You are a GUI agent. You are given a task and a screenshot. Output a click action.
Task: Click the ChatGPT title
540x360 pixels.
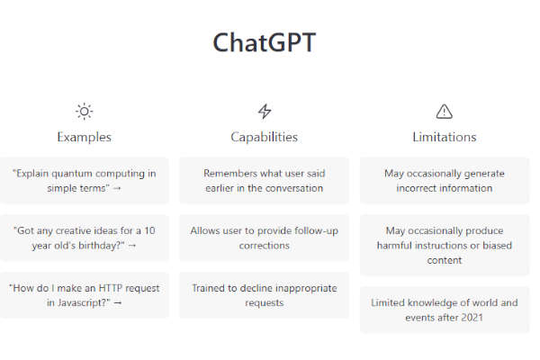[x=264, y=42]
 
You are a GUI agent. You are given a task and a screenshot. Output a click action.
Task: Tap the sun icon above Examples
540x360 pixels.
[x=84, y=112]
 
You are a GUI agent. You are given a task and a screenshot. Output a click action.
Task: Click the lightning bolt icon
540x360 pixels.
[x=265, y=112]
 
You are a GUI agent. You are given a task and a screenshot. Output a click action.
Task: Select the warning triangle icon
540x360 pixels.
[x=445, y=112]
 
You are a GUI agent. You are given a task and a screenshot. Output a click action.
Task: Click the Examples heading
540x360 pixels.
[x=84, y=137]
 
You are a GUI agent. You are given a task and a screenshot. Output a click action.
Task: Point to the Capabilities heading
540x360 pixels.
[x=264, y=137]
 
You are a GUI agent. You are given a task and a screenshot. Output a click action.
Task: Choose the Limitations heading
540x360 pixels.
[x=445, y=137]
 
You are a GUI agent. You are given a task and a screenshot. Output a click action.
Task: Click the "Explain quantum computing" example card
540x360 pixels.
[x=84, y=181]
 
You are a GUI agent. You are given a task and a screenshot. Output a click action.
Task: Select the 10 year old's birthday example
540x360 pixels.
[x=84, y=238]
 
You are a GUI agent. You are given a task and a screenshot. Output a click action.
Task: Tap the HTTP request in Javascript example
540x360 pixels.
[x=84, y=295]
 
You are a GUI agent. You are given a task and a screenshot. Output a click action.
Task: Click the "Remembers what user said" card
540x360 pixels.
[x=264, y=181]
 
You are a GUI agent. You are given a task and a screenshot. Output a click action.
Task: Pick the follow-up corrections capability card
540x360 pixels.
[x=264, y=238]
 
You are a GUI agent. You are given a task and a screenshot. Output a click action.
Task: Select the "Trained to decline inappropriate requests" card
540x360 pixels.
[x=264, y=295]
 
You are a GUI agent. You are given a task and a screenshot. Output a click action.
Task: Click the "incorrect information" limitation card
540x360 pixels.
[x=445, y=181]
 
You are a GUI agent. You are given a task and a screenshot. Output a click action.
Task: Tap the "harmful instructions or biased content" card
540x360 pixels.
[x=445, y=245]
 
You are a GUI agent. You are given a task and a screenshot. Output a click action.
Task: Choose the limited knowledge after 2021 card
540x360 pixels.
[x=445, y=310]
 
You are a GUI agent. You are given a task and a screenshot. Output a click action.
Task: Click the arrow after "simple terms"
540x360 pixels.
[x=117, y=188]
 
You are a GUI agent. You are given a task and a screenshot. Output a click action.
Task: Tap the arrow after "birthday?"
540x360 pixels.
[x=132, y=246]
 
